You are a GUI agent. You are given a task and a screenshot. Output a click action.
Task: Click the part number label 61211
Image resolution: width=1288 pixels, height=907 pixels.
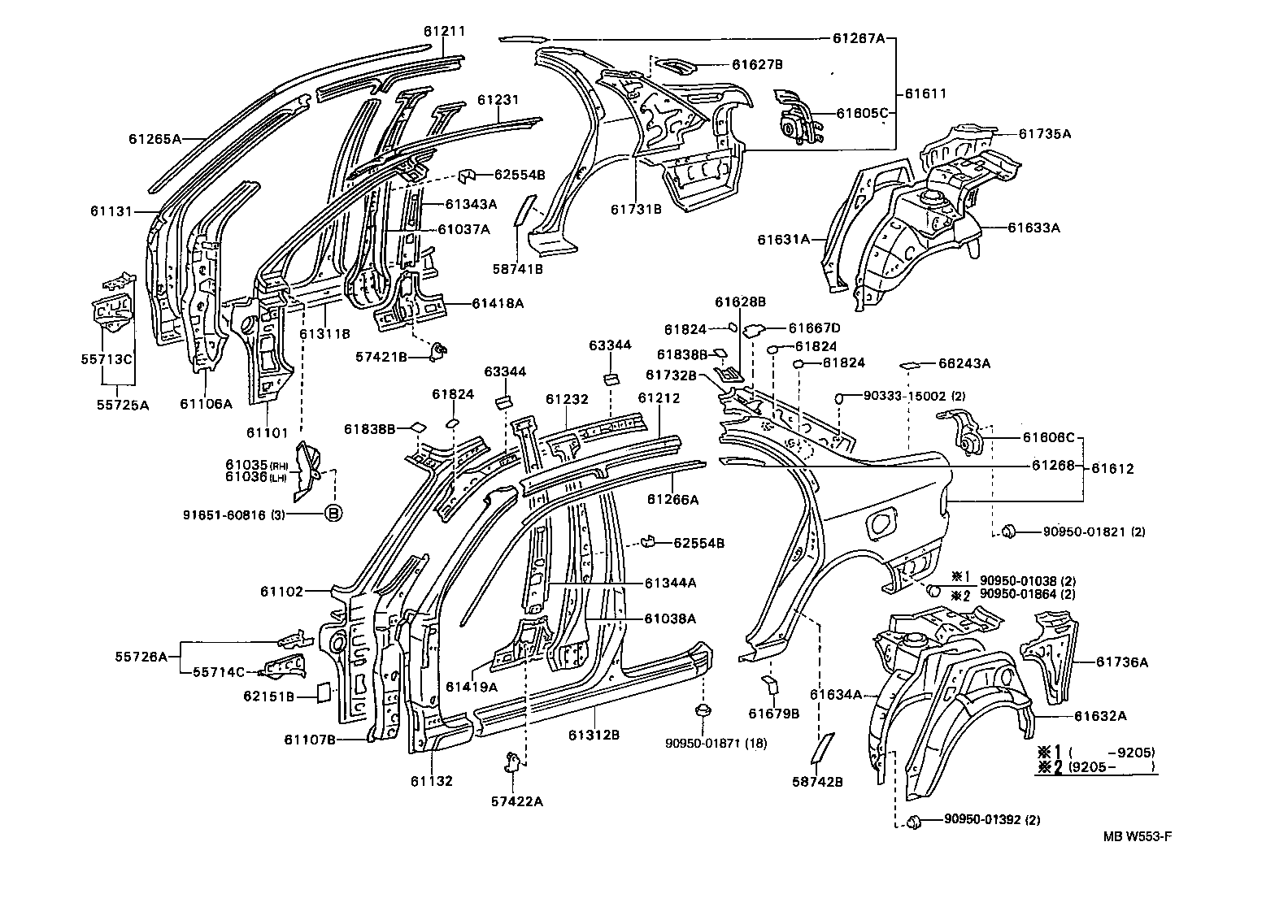pyautogui.click(x=444, y=32)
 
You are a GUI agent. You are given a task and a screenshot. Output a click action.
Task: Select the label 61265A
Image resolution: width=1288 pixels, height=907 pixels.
pyautogui.click(x=154, y=139)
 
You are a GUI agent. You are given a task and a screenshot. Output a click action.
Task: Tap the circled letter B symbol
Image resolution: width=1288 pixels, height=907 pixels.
pyautogui.click(x=333, y=513)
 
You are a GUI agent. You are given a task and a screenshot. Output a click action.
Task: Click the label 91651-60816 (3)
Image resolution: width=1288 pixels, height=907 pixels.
pyautogui.click(x=252, y=513)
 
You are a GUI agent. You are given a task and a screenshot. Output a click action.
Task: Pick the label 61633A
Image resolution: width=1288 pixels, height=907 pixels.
pyautogui.click(x=1033, y=228)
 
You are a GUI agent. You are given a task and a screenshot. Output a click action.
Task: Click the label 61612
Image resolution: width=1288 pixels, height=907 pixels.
pyautogui.click(x=1112, y=469)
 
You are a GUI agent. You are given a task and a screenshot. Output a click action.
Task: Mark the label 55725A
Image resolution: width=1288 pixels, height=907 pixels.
pyautogui.click(x=123, y=404)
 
